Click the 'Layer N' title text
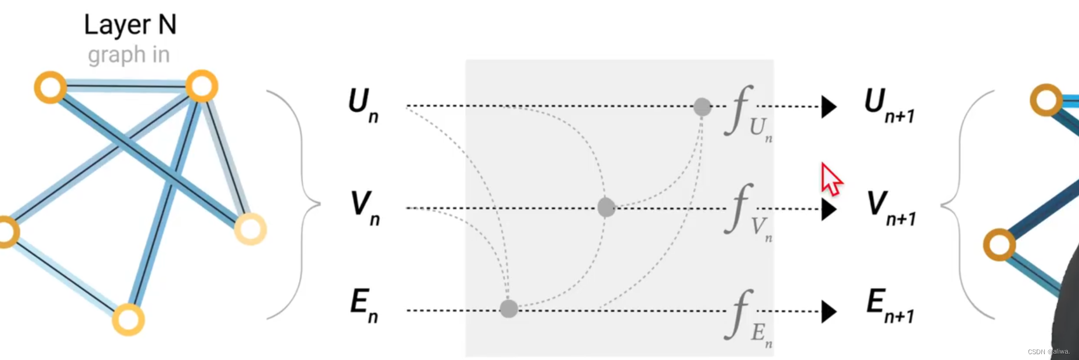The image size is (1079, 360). click(130, 25)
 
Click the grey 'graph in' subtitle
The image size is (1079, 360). click(129, 55)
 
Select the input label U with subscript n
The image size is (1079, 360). click(363, 105)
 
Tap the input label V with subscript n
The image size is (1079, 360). click(365, 208)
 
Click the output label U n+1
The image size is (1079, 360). click(888, 105)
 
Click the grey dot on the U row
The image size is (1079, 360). click(702, 107)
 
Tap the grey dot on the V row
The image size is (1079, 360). click(606, 207)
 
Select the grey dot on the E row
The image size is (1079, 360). click(508, 308)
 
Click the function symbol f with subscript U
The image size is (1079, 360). click(746, 112)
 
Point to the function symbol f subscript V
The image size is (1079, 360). click(746, 212)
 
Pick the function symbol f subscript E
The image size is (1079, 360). click(746, 317)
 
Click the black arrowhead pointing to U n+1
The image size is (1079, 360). click(829, 107)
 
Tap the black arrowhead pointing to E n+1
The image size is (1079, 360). click(829, 311)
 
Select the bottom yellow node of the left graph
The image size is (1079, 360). click(128, 319)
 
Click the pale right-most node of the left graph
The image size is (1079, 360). click(250, 228)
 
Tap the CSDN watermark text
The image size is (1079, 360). click(1048, 352)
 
